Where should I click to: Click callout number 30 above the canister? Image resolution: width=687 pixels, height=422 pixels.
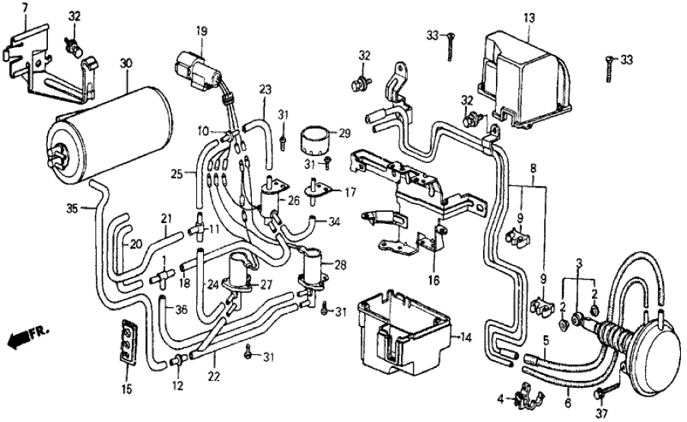tap(126, 65)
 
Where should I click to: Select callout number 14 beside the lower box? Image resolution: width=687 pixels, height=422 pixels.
tap(466, 336)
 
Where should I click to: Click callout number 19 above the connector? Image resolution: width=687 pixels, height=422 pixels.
tap(201, 31)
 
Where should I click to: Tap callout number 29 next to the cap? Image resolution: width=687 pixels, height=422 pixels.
tap(345, 133)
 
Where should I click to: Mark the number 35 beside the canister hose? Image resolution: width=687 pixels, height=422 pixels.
tap(72, 207)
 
